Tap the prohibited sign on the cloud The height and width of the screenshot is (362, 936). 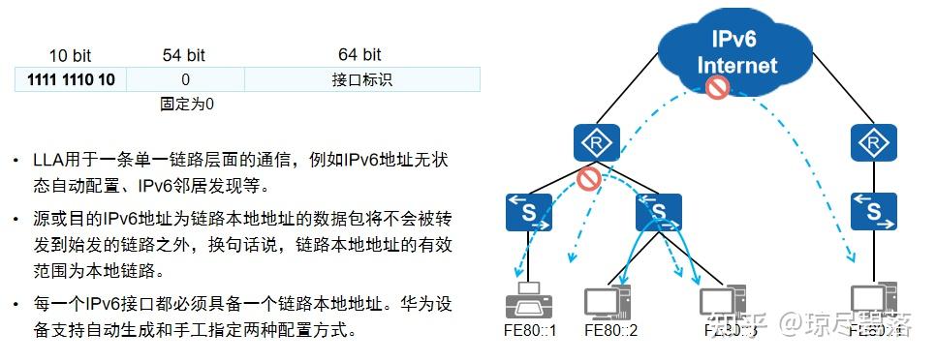pyautogui.click(x=717, y=88)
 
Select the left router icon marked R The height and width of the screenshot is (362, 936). pyautogui.click(x=590, y=144)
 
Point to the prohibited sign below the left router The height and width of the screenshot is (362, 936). pyautogui.click(x=588, y=178)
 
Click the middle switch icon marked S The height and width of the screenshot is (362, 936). pyautogui.click(x=659, y=210)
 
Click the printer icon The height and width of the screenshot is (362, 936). pyautogui.click(x=530, y=302)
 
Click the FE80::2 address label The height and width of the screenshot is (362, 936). pyautogui.click(x=610, y=331)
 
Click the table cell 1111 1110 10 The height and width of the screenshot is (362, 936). pyautogui.click(x=71, y=79)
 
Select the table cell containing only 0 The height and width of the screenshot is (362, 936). pyautogui.click(x=185, y=79)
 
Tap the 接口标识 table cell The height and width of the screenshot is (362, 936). pyautogui.click(x=360, y=79)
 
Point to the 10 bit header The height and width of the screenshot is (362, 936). pyautogui.click(x=71, y=55)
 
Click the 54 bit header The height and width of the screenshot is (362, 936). pyautogui.click(x=183, y=55)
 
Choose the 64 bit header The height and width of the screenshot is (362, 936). pyautogui.click(x=359, y=55)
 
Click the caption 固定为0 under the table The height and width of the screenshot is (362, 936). pyautogui.click(x=186, y=104)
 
